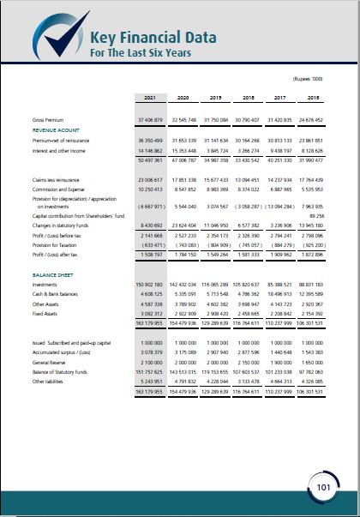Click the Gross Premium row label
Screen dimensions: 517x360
(49, 119)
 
